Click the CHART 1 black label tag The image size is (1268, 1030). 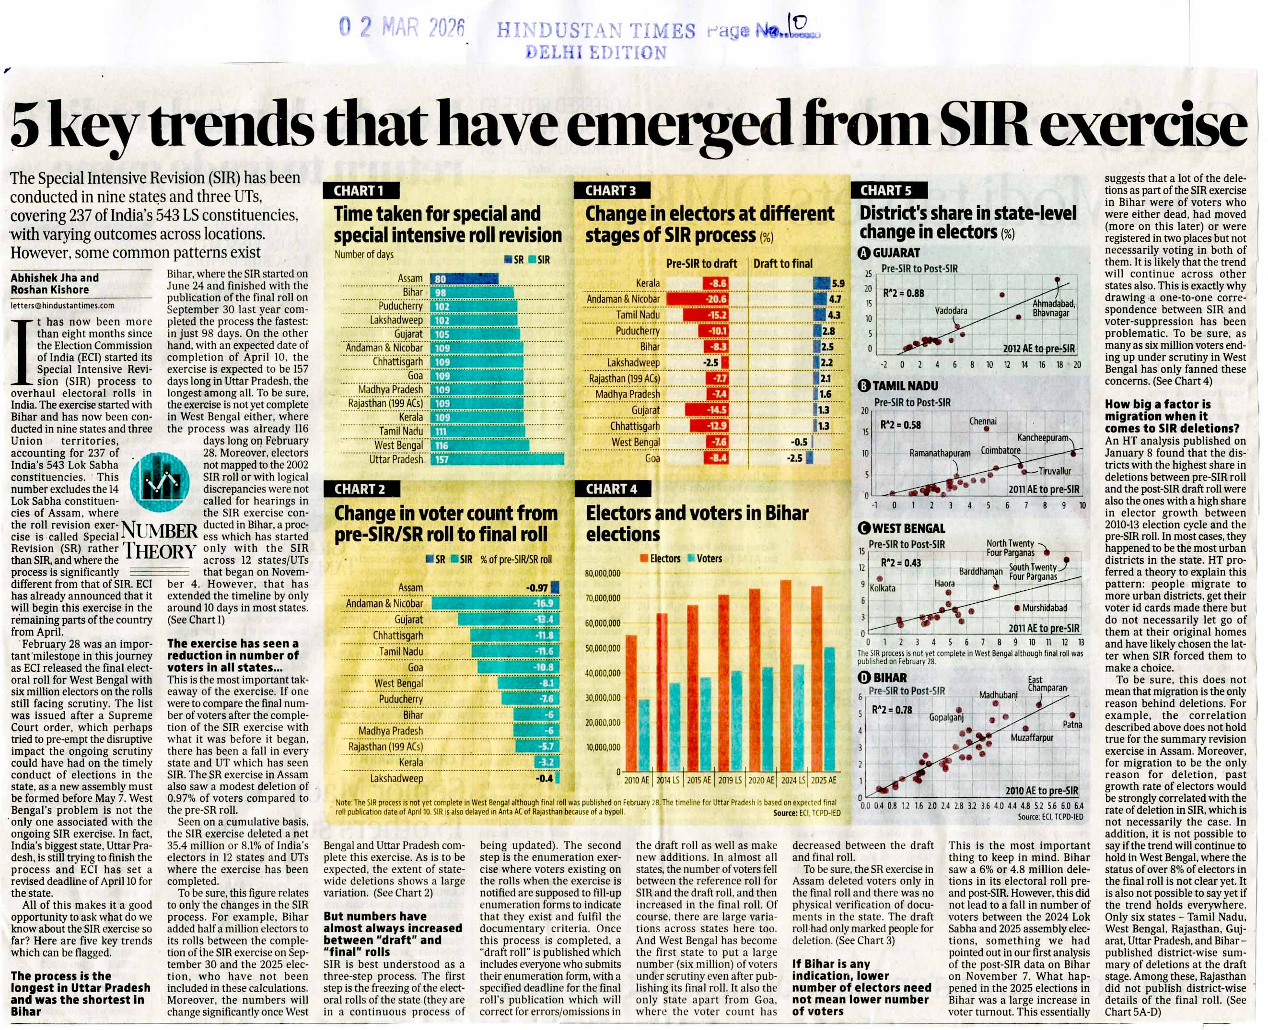361,190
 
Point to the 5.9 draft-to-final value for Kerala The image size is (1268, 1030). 838,283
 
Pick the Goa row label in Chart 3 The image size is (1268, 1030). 652,458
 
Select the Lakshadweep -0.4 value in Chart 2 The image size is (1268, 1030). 545,778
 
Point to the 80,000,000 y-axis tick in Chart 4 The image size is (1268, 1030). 602,574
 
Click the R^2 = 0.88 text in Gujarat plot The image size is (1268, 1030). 903,293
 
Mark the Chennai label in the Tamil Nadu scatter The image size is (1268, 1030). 983,421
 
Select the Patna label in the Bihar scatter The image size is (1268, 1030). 1072,725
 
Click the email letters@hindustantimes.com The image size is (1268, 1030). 62,305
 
